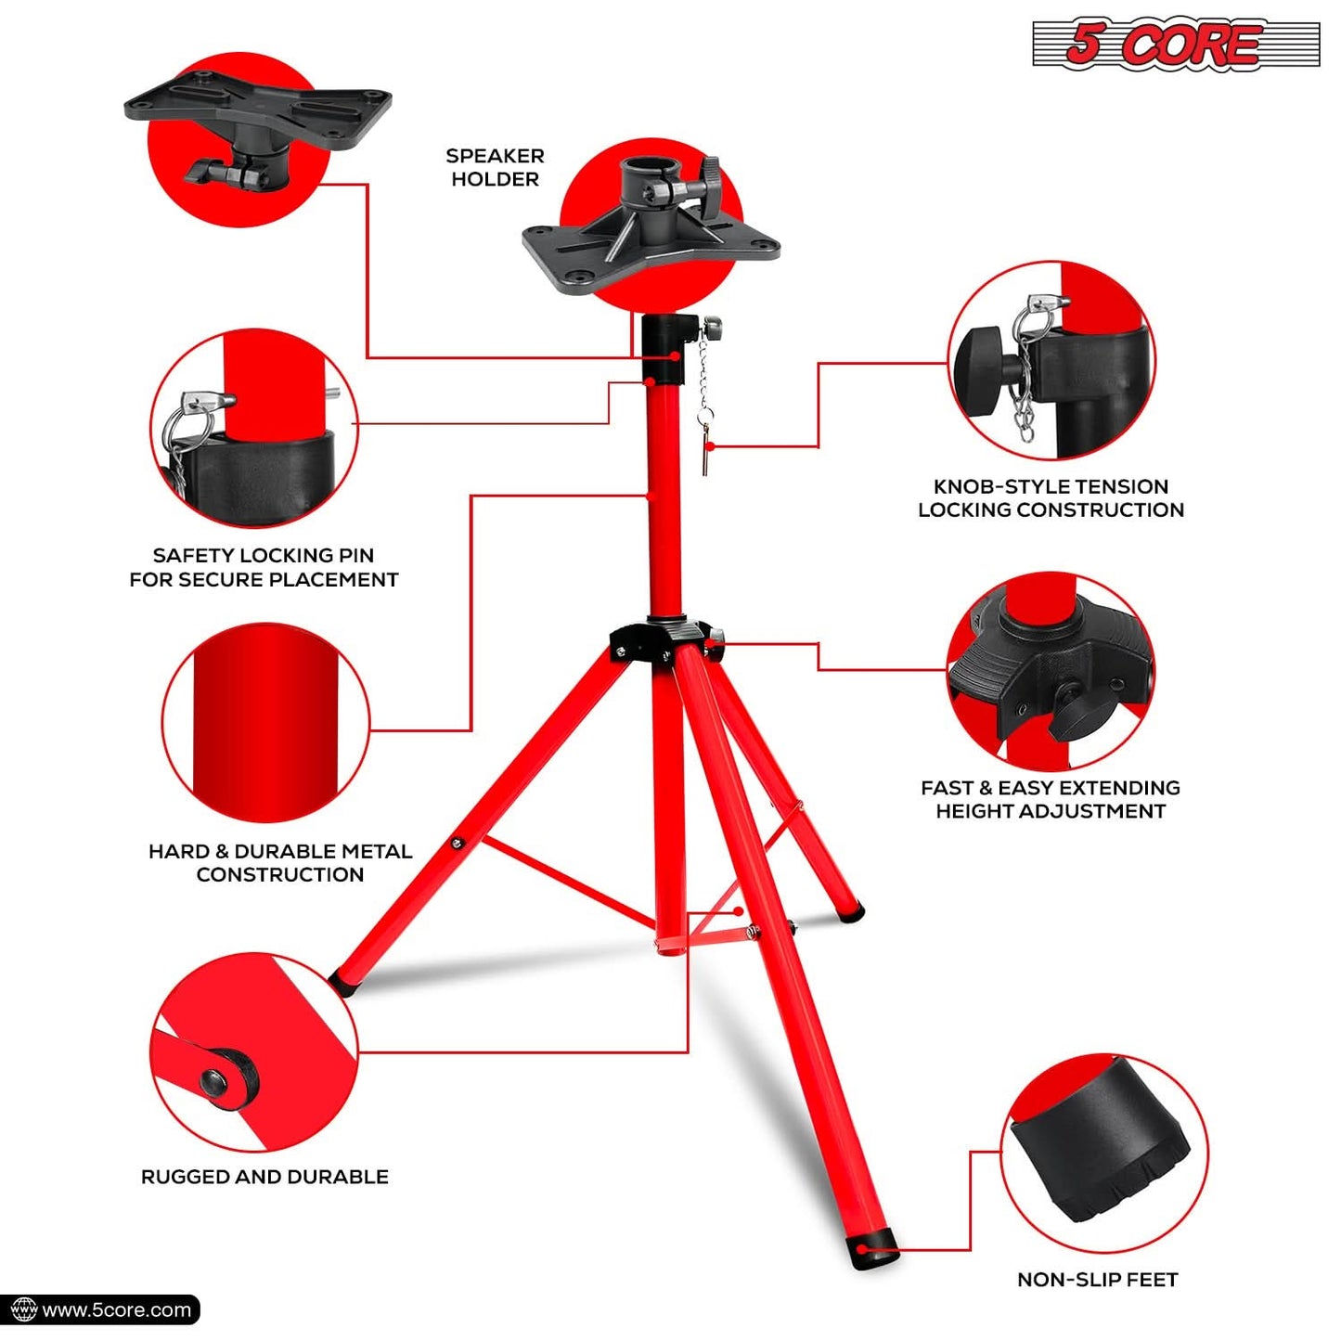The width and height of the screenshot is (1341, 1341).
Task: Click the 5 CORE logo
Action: point(1175,44)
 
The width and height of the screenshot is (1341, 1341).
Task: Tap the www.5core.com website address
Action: point(116,1309)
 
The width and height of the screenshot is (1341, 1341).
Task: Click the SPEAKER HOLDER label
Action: point(495,168)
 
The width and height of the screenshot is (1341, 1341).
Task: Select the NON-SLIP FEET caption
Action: point(1097,1280)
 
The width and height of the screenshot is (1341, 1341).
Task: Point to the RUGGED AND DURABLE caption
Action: point(264,1177)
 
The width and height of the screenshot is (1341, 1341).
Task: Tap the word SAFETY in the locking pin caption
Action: point(193,556)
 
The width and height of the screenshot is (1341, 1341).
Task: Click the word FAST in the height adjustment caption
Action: point(947,788)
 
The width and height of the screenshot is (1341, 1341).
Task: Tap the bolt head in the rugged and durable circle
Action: point(214,1079)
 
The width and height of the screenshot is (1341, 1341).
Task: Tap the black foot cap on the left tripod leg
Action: point(341,983)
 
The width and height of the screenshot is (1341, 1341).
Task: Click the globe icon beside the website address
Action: point(22,1309)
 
